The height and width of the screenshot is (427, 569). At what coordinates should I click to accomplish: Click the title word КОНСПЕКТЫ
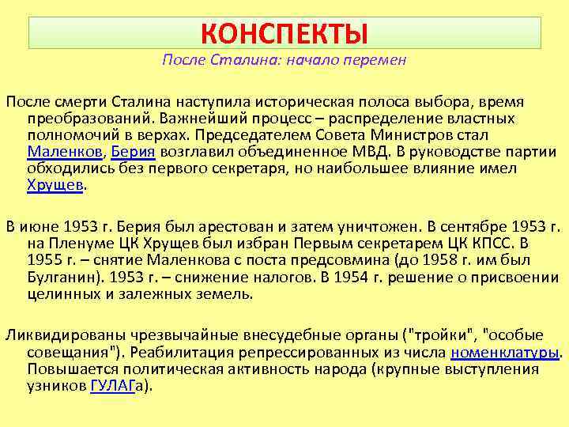(x=284, y=34)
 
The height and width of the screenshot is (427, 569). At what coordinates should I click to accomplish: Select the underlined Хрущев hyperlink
(x=55, y=185)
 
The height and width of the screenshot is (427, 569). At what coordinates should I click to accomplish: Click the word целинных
(x=61, y=294)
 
